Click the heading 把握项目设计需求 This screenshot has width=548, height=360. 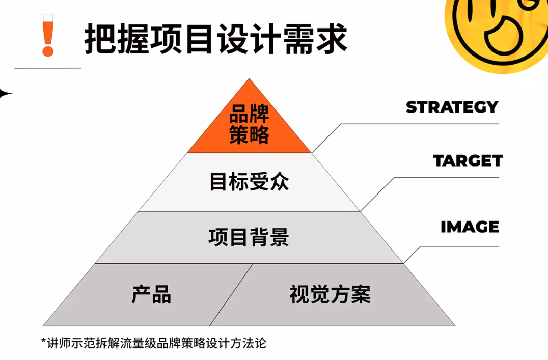[216, 38]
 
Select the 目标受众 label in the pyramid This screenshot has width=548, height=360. [249, 182]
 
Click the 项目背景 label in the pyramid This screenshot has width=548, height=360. [249, 237]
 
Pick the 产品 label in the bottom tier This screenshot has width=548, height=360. [151, 295]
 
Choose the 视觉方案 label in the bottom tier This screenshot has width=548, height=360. [330, 295]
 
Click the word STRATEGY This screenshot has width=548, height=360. [452, 107]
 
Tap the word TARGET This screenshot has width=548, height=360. [468, 161]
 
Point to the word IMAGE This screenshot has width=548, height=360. [470, 227]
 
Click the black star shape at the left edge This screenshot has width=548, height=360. [5, 93]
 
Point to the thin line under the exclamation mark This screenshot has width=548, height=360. [48, 68]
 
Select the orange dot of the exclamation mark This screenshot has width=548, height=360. [48, 51]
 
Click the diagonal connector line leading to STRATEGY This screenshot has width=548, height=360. [326, 137]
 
